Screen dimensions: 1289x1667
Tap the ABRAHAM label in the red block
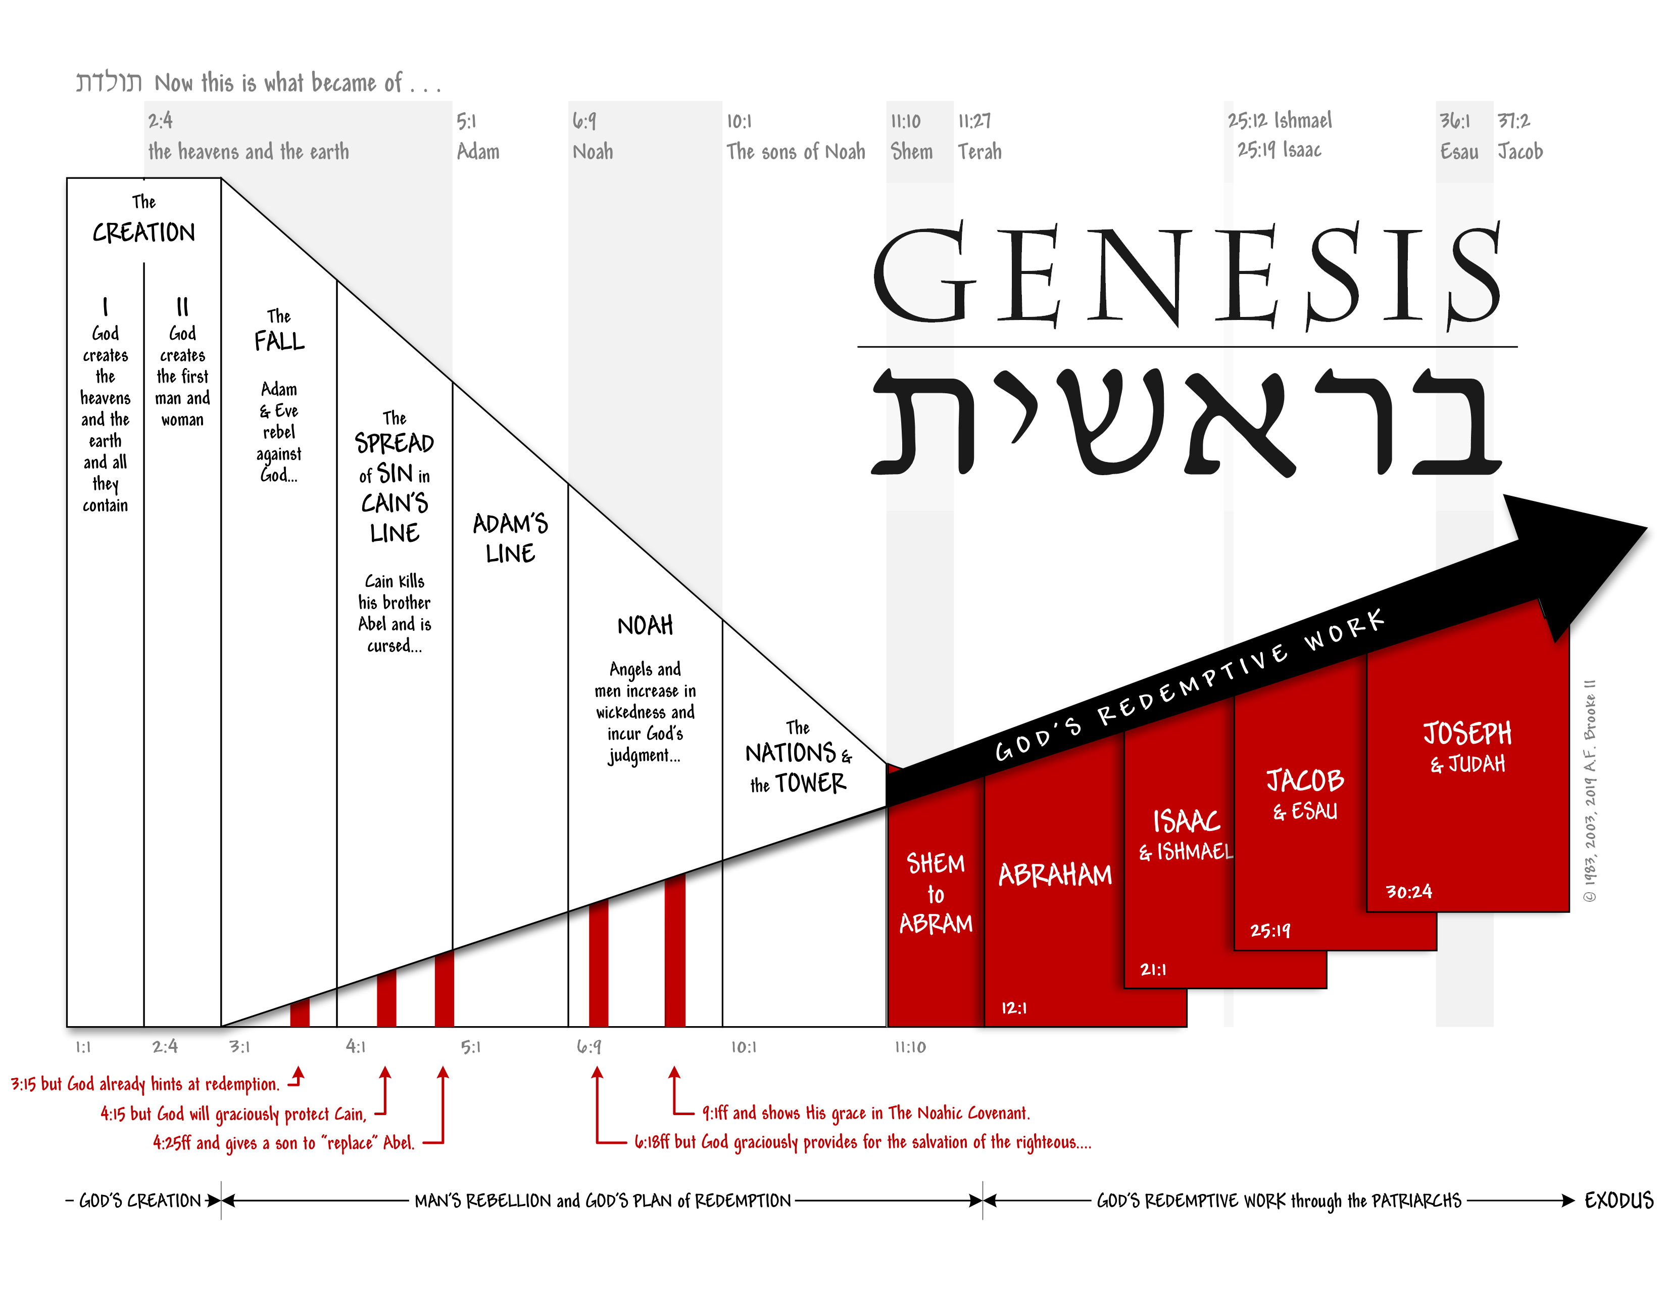click(1055, 874)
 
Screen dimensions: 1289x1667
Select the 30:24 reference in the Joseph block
click(1408, 892)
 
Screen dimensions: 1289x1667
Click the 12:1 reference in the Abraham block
click(1014, 1008)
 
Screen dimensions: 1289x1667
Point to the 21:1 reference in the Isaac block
click(1153, 970)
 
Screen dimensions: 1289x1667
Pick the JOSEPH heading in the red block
click(1467, 733)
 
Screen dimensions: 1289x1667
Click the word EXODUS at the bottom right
click(1618, 1201)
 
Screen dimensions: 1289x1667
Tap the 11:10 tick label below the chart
click(910, 1047)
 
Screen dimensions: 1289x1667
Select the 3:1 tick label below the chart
click(239, 1047)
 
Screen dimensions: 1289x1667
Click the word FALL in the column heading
click(279, 341)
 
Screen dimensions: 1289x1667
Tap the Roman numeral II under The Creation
click(182, 307)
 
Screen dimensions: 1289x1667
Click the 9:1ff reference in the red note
click(715, 1114)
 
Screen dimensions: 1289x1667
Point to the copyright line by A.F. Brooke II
click(1590, 791)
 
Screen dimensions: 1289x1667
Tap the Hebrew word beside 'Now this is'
click(109, 82)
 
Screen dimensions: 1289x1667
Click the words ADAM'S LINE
click(510, 538)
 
